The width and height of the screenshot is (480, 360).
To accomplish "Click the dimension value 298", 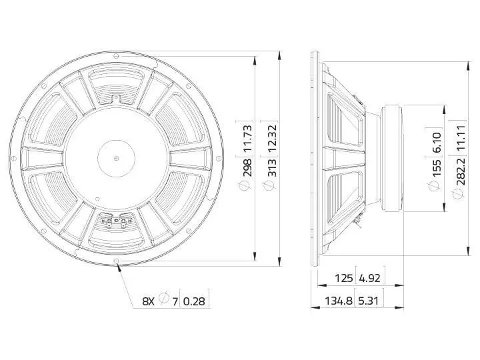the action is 247,167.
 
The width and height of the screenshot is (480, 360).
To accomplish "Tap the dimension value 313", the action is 272,167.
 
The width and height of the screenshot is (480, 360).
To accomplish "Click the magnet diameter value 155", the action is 437,167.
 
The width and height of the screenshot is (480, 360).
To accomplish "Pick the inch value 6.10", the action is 437,142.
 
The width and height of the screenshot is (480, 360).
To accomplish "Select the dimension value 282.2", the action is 461,171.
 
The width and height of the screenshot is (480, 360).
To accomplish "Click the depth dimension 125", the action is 344,278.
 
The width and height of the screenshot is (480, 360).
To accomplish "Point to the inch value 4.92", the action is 369,278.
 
